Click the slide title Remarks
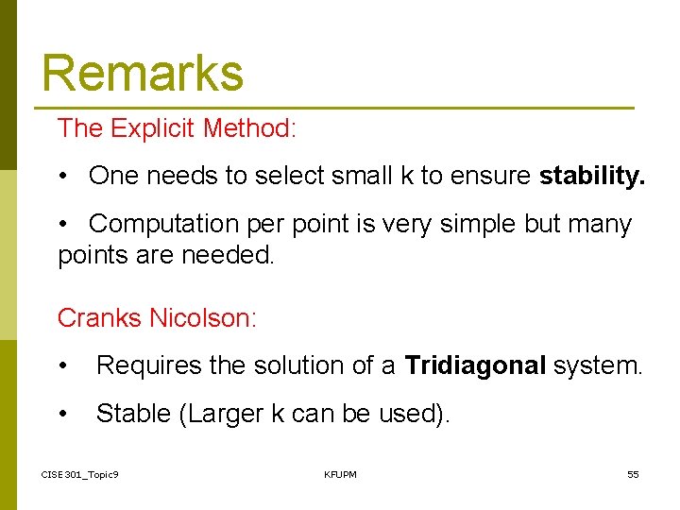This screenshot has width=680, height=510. click(143, 73)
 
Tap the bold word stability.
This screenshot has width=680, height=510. click(592, 176)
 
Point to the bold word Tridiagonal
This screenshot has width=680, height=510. click(475, 365)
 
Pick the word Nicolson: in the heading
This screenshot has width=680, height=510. click(203, 318)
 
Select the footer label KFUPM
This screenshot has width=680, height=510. click(340, 474)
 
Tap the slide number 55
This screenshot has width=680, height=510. click(633, 474)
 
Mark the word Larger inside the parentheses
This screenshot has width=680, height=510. click(225, 413)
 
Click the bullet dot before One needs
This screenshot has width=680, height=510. click(63, 177)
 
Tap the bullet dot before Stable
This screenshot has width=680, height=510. click(63, 414)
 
